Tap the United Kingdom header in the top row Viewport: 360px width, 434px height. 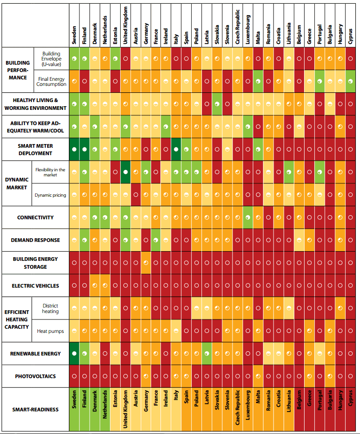coord(125,25)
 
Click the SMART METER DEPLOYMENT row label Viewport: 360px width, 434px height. coord(35,150)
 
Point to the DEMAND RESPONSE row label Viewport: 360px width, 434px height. coord(35,240)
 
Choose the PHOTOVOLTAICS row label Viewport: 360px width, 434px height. coord(35,376)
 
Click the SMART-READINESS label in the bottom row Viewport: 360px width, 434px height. coord(35,409)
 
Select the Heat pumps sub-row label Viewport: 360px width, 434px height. coord(50,331)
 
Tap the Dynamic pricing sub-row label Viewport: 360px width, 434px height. coord(50,195)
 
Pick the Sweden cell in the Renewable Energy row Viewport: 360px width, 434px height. coord(74,354)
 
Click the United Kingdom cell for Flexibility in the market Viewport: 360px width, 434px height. coord(125,172)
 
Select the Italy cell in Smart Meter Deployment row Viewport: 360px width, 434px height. coord(176,150)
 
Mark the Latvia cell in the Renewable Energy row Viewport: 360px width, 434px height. coord(207,354)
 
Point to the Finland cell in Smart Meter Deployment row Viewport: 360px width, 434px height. coord(84,150)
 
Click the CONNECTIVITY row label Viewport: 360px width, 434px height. coord(35,217)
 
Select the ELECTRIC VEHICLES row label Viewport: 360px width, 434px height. coord(35,286)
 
